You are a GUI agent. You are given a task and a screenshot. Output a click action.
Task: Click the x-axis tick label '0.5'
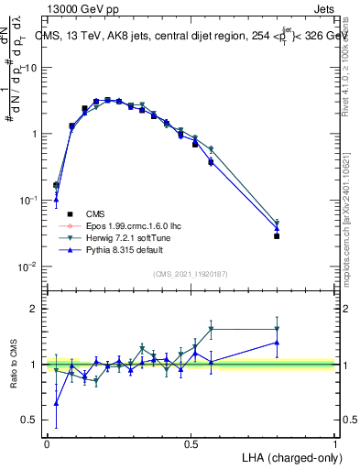[x=191, y=443]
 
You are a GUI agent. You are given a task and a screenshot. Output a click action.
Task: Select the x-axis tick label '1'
[x=335, y=443]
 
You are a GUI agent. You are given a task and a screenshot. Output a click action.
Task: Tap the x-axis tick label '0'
[x=47, y=443]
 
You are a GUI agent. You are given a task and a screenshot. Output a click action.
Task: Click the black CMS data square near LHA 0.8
[x=277, y=236]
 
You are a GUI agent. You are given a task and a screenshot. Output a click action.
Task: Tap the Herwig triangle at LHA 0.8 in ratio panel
[x=277, y=329]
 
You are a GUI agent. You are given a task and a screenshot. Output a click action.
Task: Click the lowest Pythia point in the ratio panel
[x=57, y=403]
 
